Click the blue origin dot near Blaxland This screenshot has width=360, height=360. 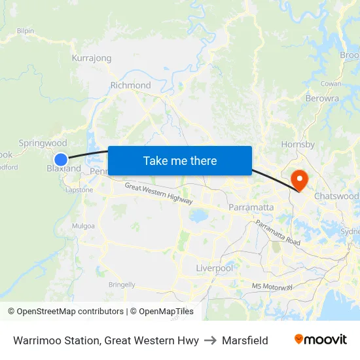point(61,159)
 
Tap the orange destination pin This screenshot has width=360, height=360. point(299,179)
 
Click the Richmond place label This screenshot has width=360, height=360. point(130,85)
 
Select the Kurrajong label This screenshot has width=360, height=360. point(92,58)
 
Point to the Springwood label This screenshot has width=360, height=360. point(43,143)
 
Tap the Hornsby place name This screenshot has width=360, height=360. point(298,144)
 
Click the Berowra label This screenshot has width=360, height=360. point(322,98)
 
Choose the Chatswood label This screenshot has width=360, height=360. point(336,196)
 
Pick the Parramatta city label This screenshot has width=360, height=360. point(251,207)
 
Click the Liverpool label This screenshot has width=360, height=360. point(214,268)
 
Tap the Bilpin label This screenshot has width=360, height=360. point(26,31)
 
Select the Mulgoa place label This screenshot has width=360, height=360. point(83,226)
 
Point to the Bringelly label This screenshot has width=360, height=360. point(122,285)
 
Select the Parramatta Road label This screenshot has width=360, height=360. point(278,232)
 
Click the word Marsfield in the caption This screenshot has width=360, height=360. point(245,340)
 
